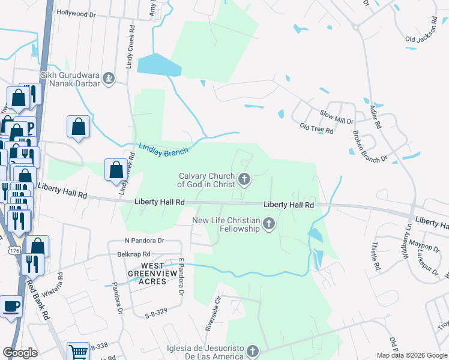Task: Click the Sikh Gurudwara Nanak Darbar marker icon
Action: (109, 77)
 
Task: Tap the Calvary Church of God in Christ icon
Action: (244, 179)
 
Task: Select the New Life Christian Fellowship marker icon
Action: (269, 225)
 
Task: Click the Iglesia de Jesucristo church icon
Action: (253, 352)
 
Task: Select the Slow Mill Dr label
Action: (336, 116)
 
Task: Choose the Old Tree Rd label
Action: (316, 128)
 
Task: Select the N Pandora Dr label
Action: (144, 240)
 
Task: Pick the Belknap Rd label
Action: (131, 254)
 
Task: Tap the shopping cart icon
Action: (78, 352)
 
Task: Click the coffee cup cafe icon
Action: (11, 306)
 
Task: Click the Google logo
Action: (20, 353)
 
